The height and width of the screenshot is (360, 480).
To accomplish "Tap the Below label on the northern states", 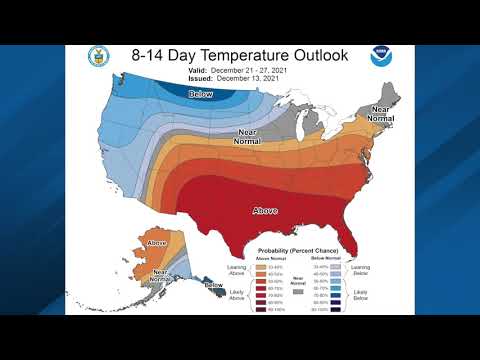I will point(201,93).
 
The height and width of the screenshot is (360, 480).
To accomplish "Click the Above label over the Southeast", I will point(266,210).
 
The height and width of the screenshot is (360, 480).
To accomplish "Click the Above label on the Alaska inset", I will point(157,243).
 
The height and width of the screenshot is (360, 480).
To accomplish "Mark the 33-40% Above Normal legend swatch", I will point(261,266).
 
